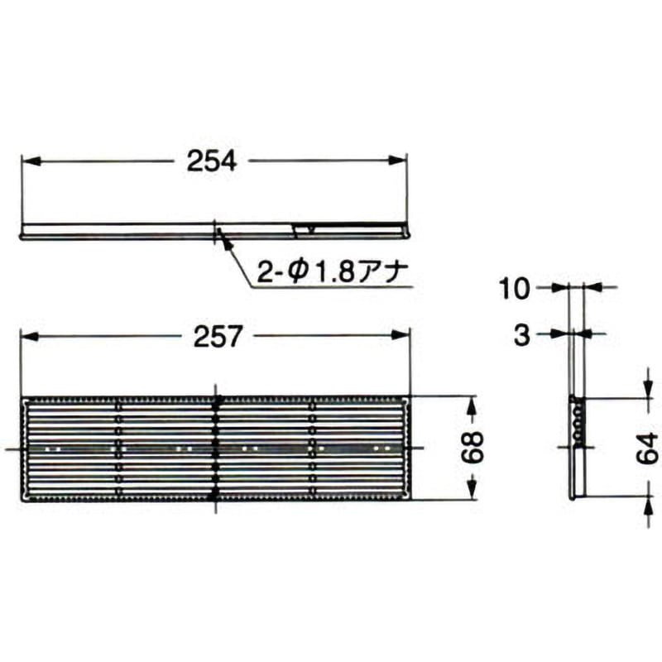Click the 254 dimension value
(x=212, y=161)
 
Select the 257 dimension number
(x=218, y=336)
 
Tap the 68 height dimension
(x=472, y=448)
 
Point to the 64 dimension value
(x=647, y=449)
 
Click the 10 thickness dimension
(x=514, y=289)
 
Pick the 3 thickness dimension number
(x=522, y=336)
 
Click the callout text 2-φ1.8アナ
(x=332, y=273)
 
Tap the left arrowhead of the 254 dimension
(x=31, y=161)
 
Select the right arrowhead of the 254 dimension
(x=398, y=161)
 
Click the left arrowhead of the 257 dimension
(x=30, y=336)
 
